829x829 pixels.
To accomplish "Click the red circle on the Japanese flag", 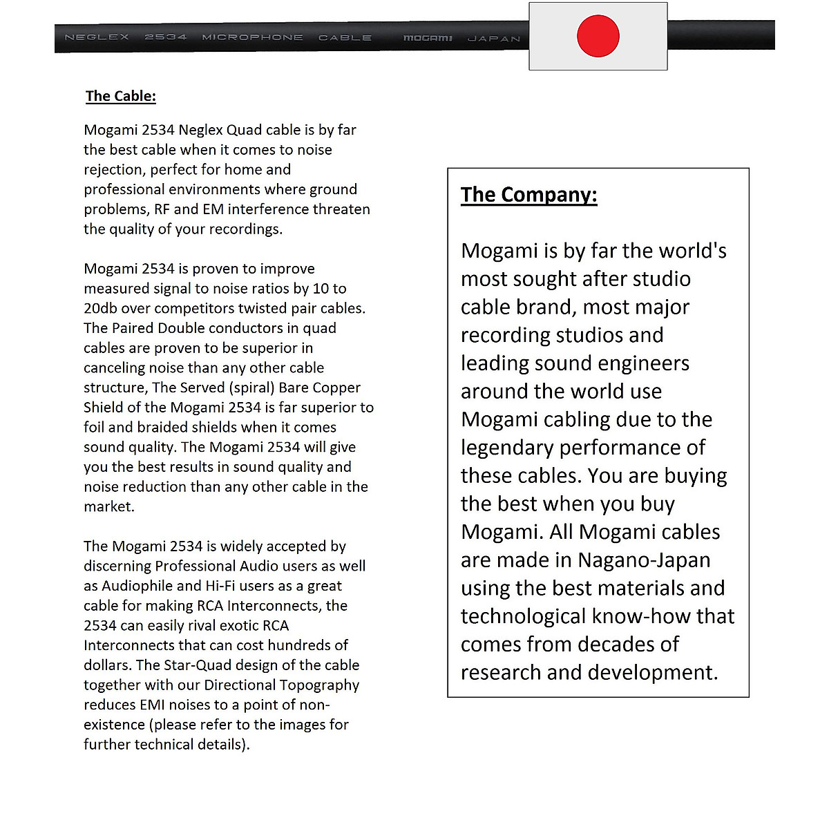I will click(598, 36).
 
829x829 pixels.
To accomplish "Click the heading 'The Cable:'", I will click(121, 96).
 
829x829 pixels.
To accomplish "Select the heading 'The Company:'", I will click(528, 195).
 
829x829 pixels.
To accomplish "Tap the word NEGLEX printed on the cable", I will click(97, 37).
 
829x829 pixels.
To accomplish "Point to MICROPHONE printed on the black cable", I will click(252, 37).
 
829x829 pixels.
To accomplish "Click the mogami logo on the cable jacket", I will click(428, 38).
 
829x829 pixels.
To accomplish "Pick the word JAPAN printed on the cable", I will click(494, 39).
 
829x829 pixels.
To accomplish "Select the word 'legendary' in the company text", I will click(506, 448).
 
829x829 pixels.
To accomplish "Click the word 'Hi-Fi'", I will click(220, 586).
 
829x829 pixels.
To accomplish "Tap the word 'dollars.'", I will click(108, 665).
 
